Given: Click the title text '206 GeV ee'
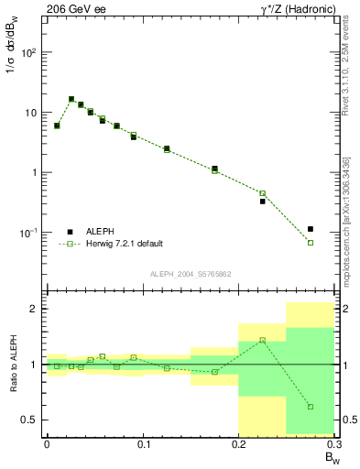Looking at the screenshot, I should pyautogui.click(x=76, y=7).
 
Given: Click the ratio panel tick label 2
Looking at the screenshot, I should pyautogui.click(x=32, y=309).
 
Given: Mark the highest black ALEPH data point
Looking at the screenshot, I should pyautogui.click(x=71, y=99).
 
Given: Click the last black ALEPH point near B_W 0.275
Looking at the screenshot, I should pyautogui.click(x=311, y=229).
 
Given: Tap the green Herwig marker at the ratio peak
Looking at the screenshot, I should pyautogui.click(x=262, y=340).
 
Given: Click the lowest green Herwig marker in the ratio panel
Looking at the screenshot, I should pyautogui.click(x=311, y=407).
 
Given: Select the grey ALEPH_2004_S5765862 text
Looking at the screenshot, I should pyautogui.click(x=190, y=274).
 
